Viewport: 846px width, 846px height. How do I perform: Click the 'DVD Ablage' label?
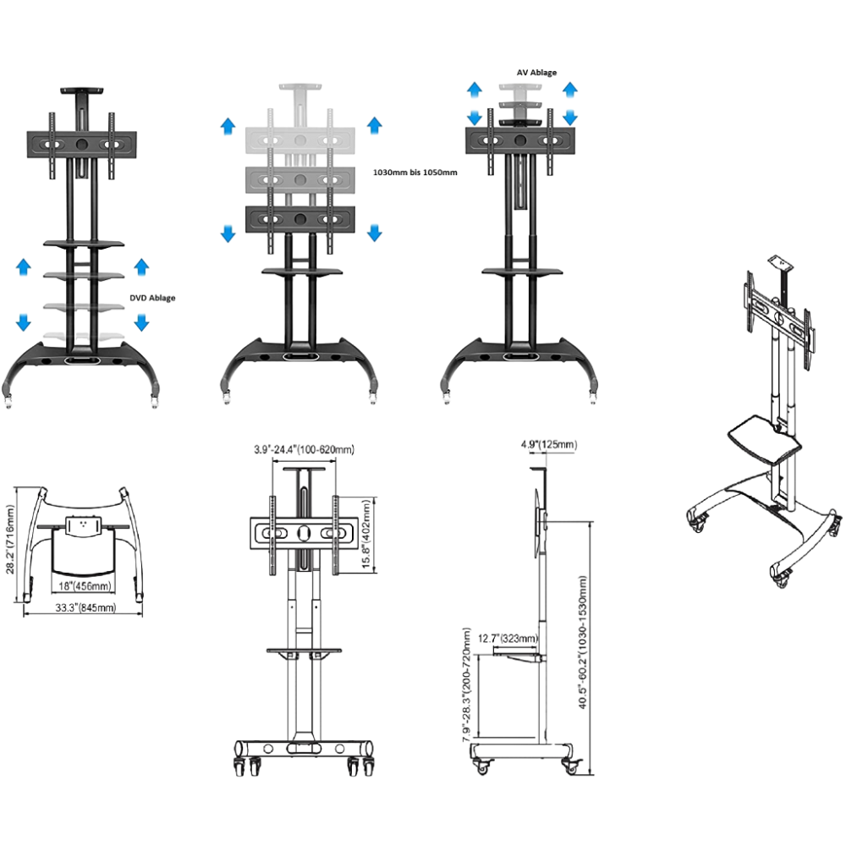coord(152,298)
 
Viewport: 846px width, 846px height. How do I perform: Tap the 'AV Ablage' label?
coord(536,72)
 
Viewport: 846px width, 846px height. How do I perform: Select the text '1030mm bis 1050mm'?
coord(415,173)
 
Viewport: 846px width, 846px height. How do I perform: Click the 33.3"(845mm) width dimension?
coord(85,607)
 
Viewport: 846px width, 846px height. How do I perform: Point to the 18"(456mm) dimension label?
coord(85,586)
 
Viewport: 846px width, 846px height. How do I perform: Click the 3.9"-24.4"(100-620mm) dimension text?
coord(305,449)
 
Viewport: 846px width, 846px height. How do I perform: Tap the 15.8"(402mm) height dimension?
coord(367,534)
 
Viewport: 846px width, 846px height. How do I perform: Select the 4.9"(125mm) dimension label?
coord(549,445)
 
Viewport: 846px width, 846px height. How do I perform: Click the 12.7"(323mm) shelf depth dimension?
coord(508,638)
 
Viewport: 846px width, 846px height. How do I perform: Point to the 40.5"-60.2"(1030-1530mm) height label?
coord(583,642)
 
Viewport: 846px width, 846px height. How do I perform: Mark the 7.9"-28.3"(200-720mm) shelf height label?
coord(467,684)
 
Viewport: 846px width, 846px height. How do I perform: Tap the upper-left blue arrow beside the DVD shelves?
coord(23,266)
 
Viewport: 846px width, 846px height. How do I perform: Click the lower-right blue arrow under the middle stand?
coord(375,233)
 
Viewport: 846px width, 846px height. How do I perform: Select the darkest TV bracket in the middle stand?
coord(300,220)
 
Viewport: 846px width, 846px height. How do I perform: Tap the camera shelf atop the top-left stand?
coord(81,91)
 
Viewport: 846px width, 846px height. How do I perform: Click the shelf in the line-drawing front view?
coord(305,651)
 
